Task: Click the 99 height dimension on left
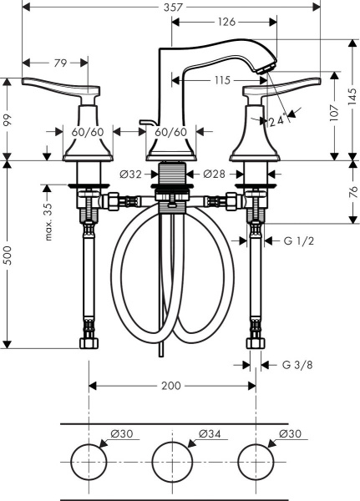[x=8, y=119]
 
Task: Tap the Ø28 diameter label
[x=215, y=175]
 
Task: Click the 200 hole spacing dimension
[x=171, y=386]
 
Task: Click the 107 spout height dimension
[x=335, y=119]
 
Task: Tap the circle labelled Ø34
[x=171, y=462]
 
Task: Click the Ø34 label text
[x=210, y=434]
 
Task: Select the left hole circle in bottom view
[x=89, y=462]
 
